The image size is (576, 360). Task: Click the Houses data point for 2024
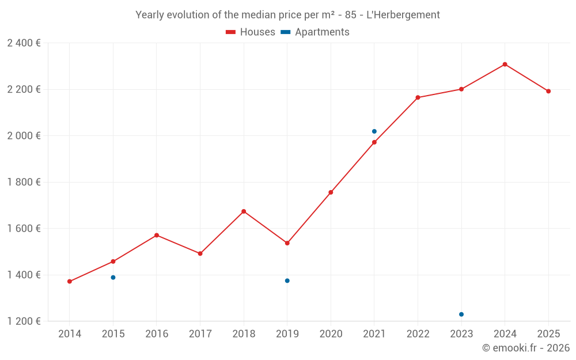click(x=505, y=65)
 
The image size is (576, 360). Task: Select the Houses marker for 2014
click(x=70, y=282)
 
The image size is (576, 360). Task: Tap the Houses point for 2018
click(x=244, y=211)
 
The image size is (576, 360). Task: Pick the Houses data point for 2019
click(x=287, y=243)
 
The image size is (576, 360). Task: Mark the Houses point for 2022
click(x=418, y=98)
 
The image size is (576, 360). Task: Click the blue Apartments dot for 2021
click(x=374, y=131)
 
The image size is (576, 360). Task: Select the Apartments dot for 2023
click(x=461, y=314)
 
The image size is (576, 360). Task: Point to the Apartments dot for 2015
click(x=113, y=278)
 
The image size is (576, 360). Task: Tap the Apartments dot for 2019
click(x=287, y=281)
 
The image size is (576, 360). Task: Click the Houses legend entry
click(x=251, y=32)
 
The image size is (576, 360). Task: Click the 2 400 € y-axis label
click(x=24, y=43)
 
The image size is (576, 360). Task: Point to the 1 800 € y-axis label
click(x=24, y=182)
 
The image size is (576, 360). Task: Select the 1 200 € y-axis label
click(x=24, y=321)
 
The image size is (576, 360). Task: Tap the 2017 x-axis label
click(x=200, y=334)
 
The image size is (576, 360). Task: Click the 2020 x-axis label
click(x=331, y=334)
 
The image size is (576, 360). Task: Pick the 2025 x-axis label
click(x=548, y=334)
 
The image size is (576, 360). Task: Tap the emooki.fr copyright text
click(x=526, y=348)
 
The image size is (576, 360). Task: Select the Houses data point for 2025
click(x=548, y=91)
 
